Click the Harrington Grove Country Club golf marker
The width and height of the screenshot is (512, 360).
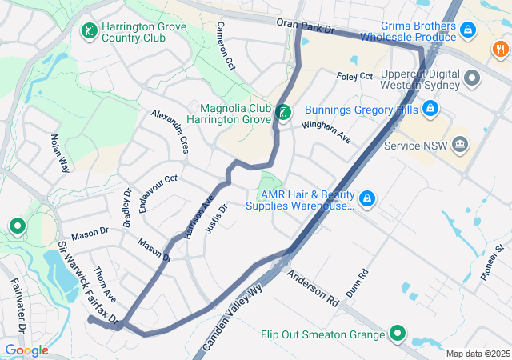click(89, 32)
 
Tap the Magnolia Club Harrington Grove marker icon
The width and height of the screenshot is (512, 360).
click(282, 114)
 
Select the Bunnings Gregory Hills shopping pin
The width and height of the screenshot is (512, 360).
click(430, 107)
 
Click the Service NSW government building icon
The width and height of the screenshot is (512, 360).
click(460, 145)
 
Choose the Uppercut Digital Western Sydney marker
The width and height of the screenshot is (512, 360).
click(472, 79)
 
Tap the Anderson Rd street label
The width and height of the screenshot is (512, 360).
click(313, 289)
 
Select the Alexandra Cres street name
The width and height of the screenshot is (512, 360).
click(170, 131)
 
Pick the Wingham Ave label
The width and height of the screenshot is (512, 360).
click(326, 131)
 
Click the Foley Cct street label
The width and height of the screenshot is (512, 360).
click(355, 76)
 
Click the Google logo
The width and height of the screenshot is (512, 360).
click(26, 350)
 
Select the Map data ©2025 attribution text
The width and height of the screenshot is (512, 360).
click(478, 354)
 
